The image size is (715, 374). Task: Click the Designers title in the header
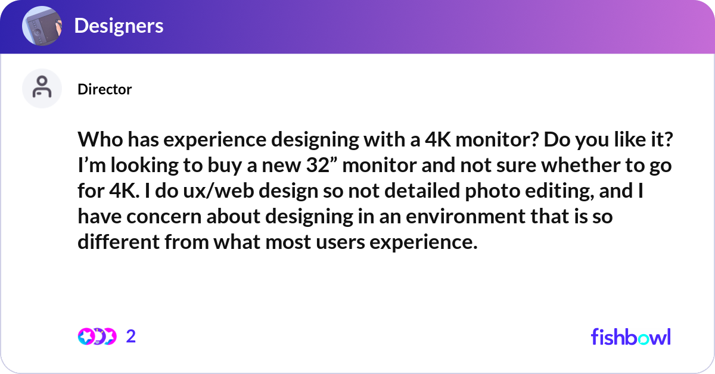(x=119, y=26)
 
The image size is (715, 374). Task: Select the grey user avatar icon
(x=42, y=88)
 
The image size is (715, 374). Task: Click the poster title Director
(x=104, y=89)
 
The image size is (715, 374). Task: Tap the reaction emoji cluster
(x=97, y=336)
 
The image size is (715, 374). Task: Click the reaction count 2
(x=131, y=336)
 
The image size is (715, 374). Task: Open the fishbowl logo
(x=630, y=336)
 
